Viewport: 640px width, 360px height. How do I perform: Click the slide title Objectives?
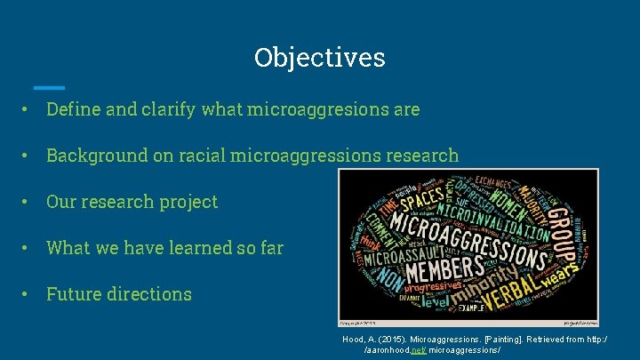(319, 57)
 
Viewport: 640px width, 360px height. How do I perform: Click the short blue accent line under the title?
(49, 87)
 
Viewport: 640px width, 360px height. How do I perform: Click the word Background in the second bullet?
(95, 156)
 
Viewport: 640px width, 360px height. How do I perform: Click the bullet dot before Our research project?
(28, 202)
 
